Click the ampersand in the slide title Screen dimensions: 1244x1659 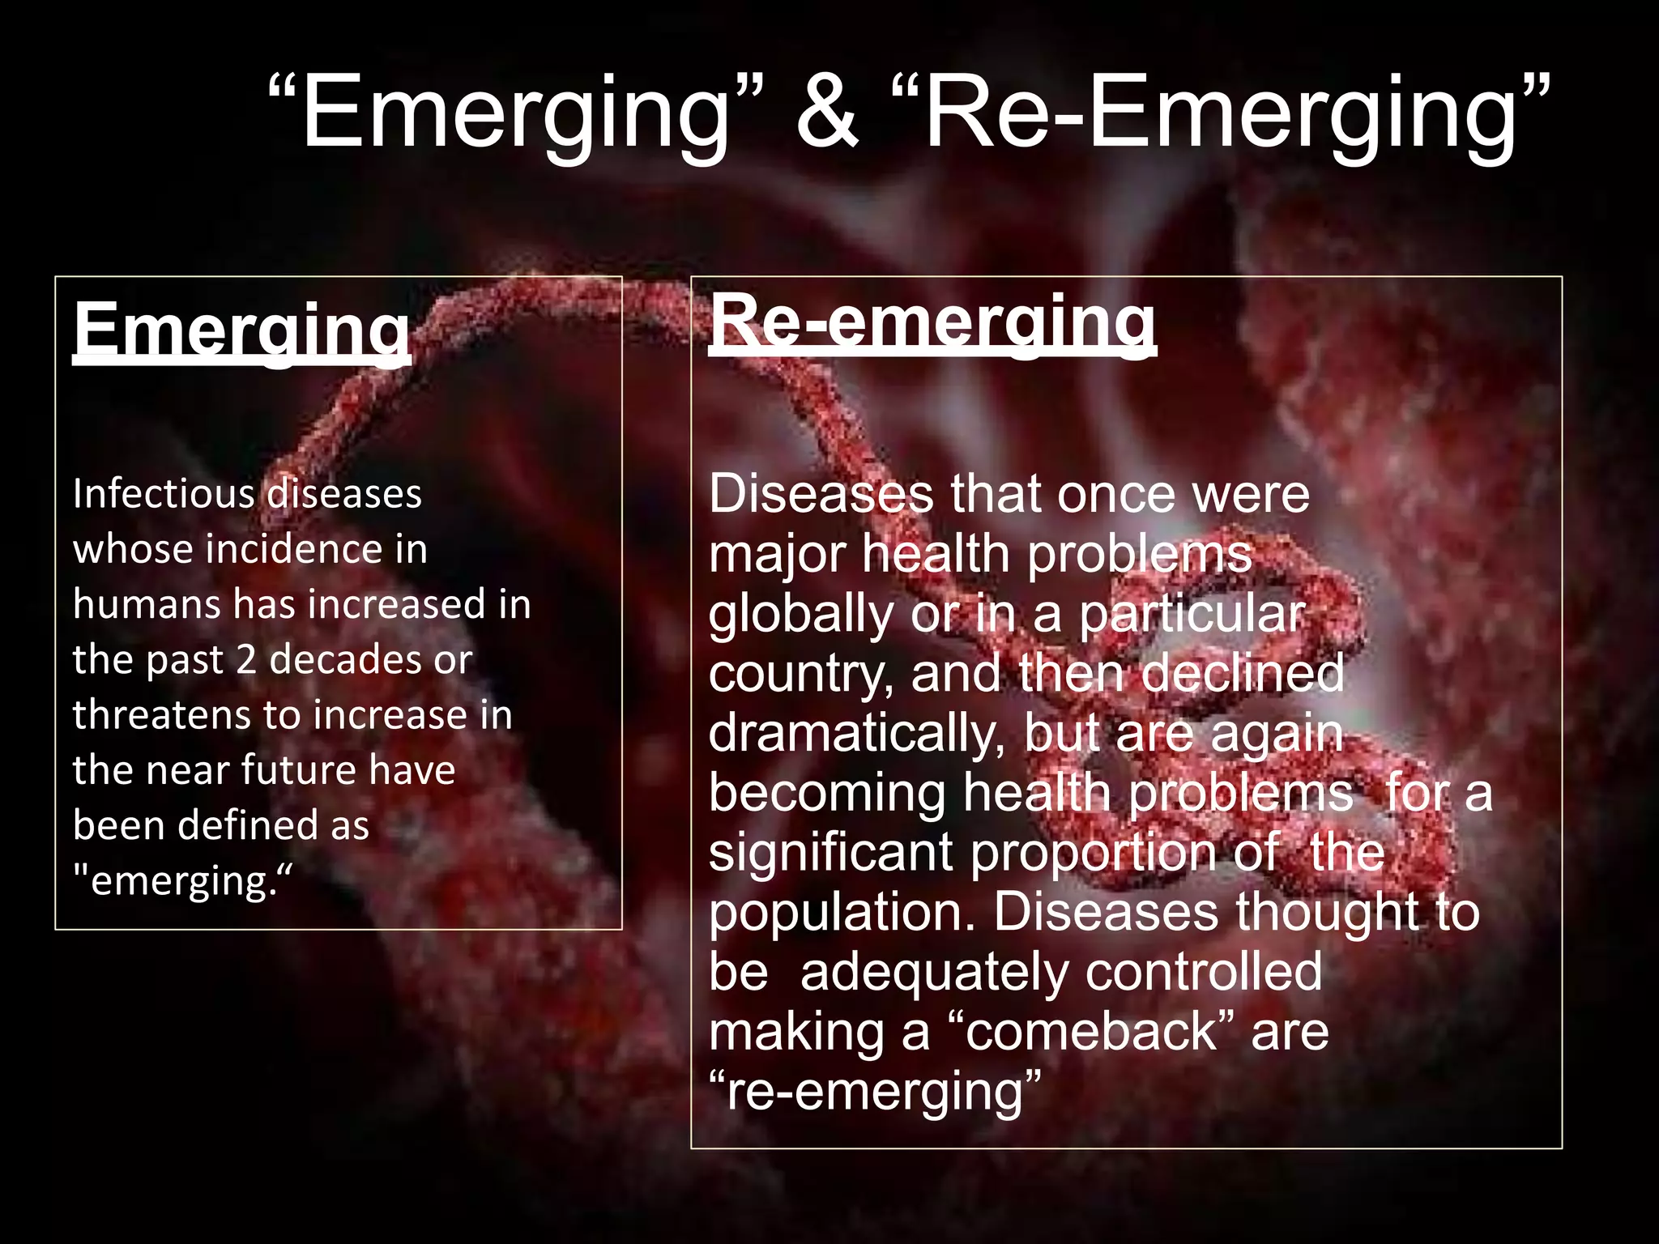click(827, 113)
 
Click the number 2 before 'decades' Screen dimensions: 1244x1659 click(246, 660)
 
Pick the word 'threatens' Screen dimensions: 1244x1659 click(161, 715)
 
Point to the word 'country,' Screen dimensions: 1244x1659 click(802, 674)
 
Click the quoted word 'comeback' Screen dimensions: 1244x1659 click(1091, 1032)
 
